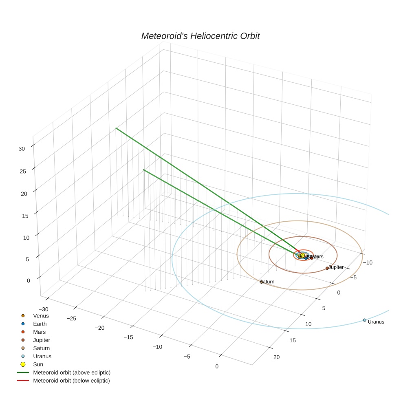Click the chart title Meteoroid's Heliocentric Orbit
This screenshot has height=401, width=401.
[200, 36]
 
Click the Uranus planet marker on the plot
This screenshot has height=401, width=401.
[364, 320]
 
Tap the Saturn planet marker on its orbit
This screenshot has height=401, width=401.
[262, 282]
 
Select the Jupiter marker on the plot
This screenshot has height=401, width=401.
[327, 268]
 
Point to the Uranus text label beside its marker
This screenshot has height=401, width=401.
[376, 322]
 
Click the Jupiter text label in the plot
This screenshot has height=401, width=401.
[336, 267]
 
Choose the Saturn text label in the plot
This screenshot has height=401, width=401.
[267, 282]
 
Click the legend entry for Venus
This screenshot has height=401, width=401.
[41, 316]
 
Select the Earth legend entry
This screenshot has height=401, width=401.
[40, 324]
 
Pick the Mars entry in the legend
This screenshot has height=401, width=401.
[39, 332]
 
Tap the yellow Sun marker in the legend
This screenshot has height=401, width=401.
[23, 364]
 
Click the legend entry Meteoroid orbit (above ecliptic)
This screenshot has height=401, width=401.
[71, 372]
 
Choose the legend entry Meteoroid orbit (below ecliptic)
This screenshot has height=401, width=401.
[71, 381]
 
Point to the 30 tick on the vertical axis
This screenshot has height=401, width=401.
[22, 149]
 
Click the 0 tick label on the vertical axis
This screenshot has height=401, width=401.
[28, 280]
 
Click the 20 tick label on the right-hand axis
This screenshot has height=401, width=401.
[276, 357]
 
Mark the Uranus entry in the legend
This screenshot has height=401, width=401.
[42, 356]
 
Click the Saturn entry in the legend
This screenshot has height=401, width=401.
[41, 348]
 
